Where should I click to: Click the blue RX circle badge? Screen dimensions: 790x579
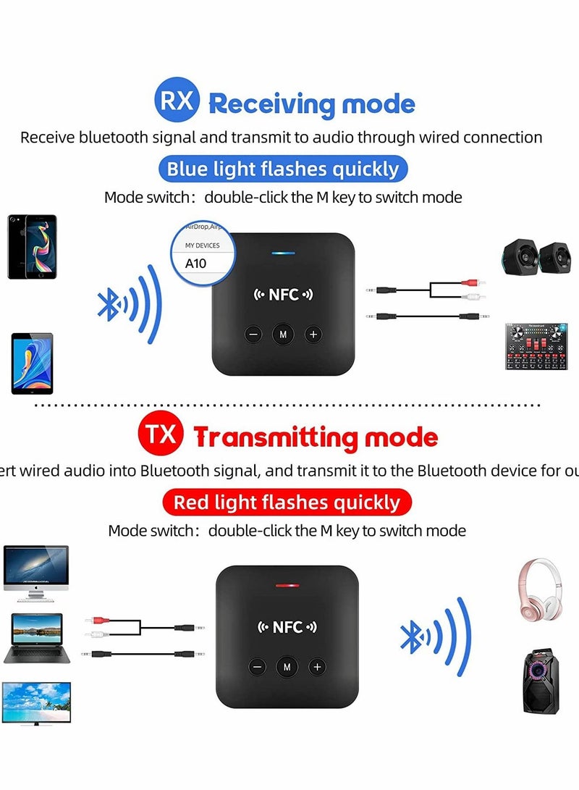[x=177, y=100]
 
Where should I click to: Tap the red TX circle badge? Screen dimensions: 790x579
[x=159, y=436]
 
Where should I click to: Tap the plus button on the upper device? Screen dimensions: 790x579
[x=313, y=335]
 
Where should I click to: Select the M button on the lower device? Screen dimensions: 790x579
[x=287, y=667]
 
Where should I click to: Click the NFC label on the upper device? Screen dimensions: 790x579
[x=283, y=295]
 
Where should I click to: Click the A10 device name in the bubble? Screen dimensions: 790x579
[x=196, y=264]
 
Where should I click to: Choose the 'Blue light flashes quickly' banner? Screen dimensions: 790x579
[x=283, y=169]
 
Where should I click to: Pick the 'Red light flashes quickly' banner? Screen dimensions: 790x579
[x=287, y=502]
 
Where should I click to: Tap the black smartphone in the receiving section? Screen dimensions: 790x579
[x=32, y=246]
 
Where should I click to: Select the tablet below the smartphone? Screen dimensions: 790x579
[x=32, y=363]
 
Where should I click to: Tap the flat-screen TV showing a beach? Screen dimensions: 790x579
[x=35, y=702]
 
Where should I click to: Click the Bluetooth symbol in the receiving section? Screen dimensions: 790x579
[x=109, y=304]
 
